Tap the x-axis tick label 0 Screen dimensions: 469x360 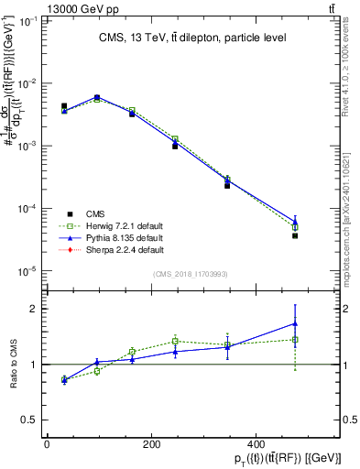click(47, 444)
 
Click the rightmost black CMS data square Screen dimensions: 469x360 click(295, 235)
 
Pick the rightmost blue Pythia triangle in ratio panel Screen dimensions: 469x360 click(295, 322)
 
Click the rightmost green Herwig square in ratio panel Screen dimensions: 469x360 click(295, 340)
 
